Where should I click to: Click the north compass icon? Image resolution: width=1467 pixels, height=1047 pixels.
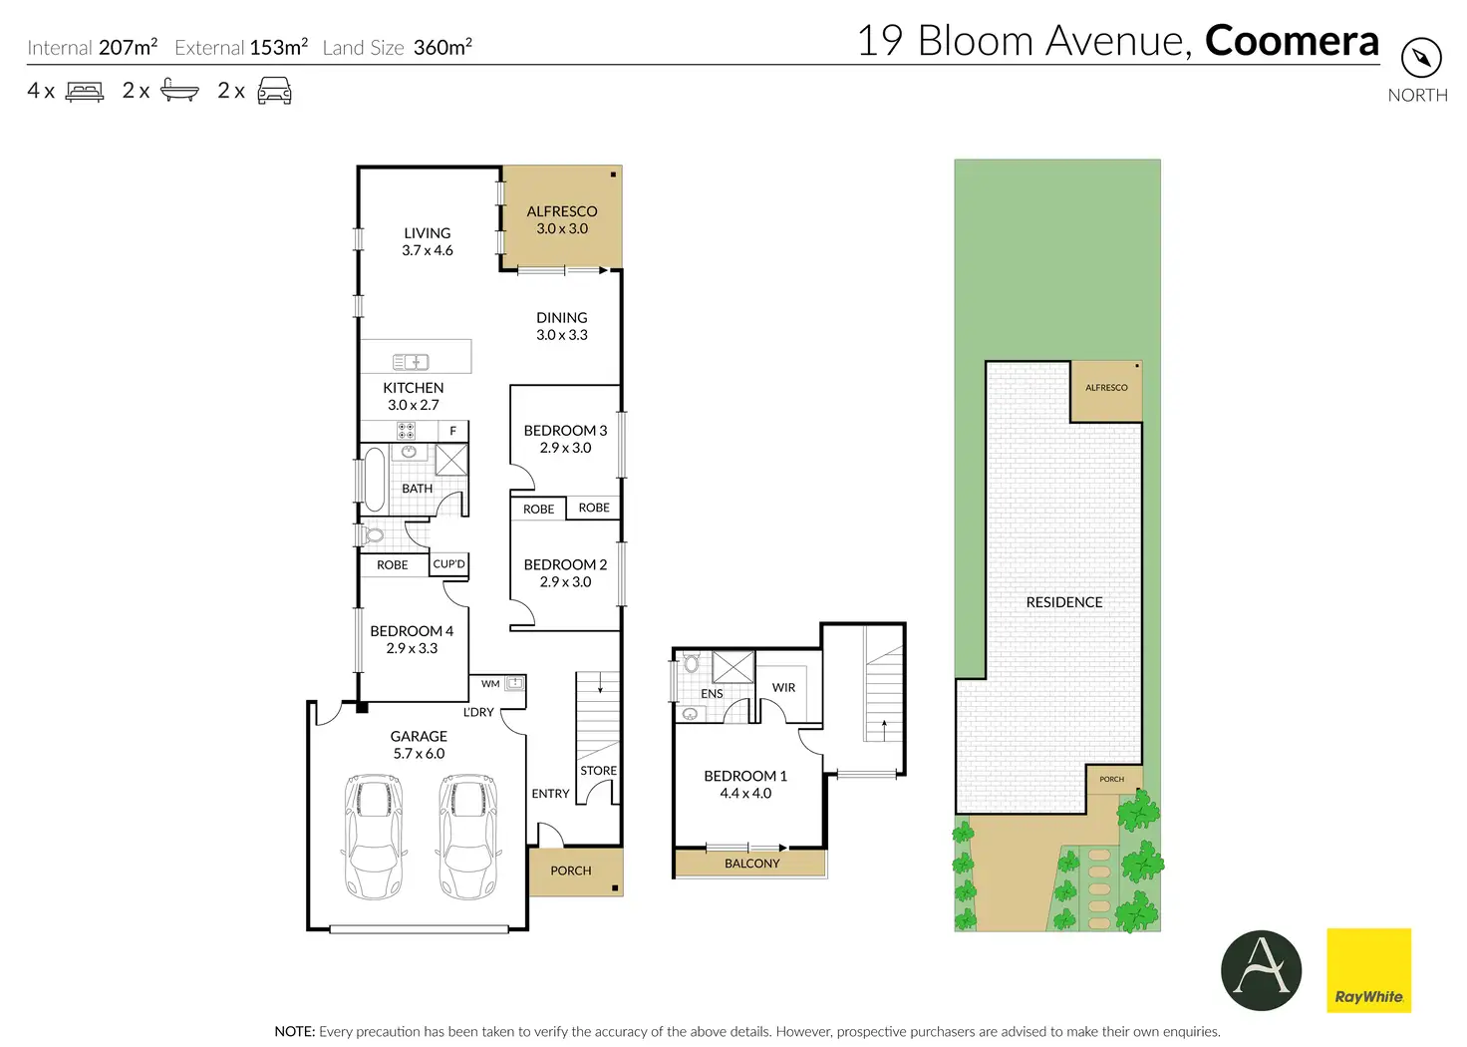(1421, 58)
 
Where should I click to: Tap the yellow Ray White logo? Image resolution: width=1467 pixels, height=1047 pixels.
(1368, 970)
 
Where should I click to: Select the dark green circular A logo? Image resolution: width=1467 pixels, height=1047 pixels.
(1262, 970)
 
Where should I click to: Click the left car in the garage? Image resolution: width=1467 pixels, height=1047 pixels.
(374, 837)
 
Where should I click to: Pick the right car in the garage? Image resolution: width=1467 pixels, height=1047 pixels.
(468, 837)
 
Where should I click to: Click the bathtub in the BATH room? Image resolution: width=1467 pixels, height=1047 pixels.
(374, 479)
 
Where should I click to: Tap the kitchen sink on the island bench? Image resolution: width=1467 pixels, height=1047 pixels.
(411, 362)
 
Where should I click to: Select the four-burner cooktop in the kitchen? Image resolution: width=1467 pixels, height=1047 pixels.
(406, 431)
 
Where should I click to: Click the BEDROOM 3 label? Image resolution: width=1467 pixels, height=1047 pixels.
(565, 431)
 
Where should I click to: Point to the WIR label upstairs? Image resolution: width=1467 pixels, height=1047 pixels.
(783, 687)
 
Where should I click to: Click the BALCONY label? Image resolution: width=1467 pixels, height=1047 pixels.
(751, 864)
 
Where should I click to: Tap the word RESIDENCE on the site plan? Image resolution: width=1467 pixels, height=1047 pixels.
(1064, 602)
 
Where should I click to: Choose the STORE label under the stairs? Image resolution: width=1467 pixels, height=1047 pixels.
(599, 771)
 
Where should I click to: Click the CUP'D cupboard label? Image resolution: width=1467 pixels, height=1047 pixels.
(449, 564)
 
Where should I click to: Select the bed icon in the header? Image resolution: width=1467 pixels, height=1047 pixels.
(85, 91)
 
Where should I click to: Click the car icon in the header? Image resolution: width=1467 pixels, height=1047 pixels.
(274, 91)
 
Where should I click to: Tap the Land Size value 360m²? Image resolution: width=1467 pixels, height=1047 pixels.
(442, 47)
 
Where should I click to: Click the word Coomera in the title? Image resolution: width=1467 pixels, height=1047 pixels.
(1293, 41)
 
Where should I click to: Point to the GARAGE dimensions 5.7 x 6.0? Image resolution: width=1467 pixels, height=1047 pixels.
(420, 754)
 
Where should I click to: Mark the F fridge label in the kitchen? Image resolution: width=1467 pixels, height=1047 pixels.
(452, 431)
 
